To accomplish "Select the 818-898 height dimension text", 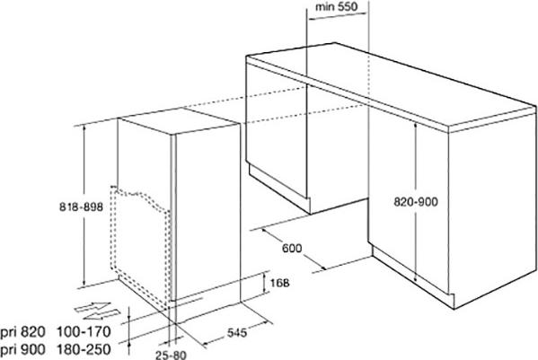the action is coord(82,206).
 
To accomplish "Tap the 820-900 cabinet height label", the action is coord(416,202).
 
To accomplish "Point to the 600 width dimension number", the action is coord(292,248).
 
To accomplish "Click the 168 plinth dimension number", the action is coord(279,283).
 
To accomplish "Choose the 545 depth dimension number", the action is coord(237,332).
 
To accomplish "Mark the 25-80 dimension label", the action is coord(171,355).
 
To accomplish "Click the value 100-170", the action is coord(84,332).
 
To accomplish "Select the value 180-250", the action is coord(84,350).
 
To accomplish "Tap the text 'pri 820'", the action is coord(22,332).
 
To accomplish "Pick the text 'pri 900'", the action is coord(22,350).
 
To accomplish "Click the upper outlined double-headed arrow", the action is coord(93,307).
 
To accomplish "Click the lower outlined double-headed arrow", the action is coord(101,314).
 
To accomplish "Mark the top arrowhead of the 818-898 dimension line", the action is coord(84,127).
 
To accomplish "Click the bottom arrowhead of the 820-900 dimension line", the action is coord(416,278).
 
